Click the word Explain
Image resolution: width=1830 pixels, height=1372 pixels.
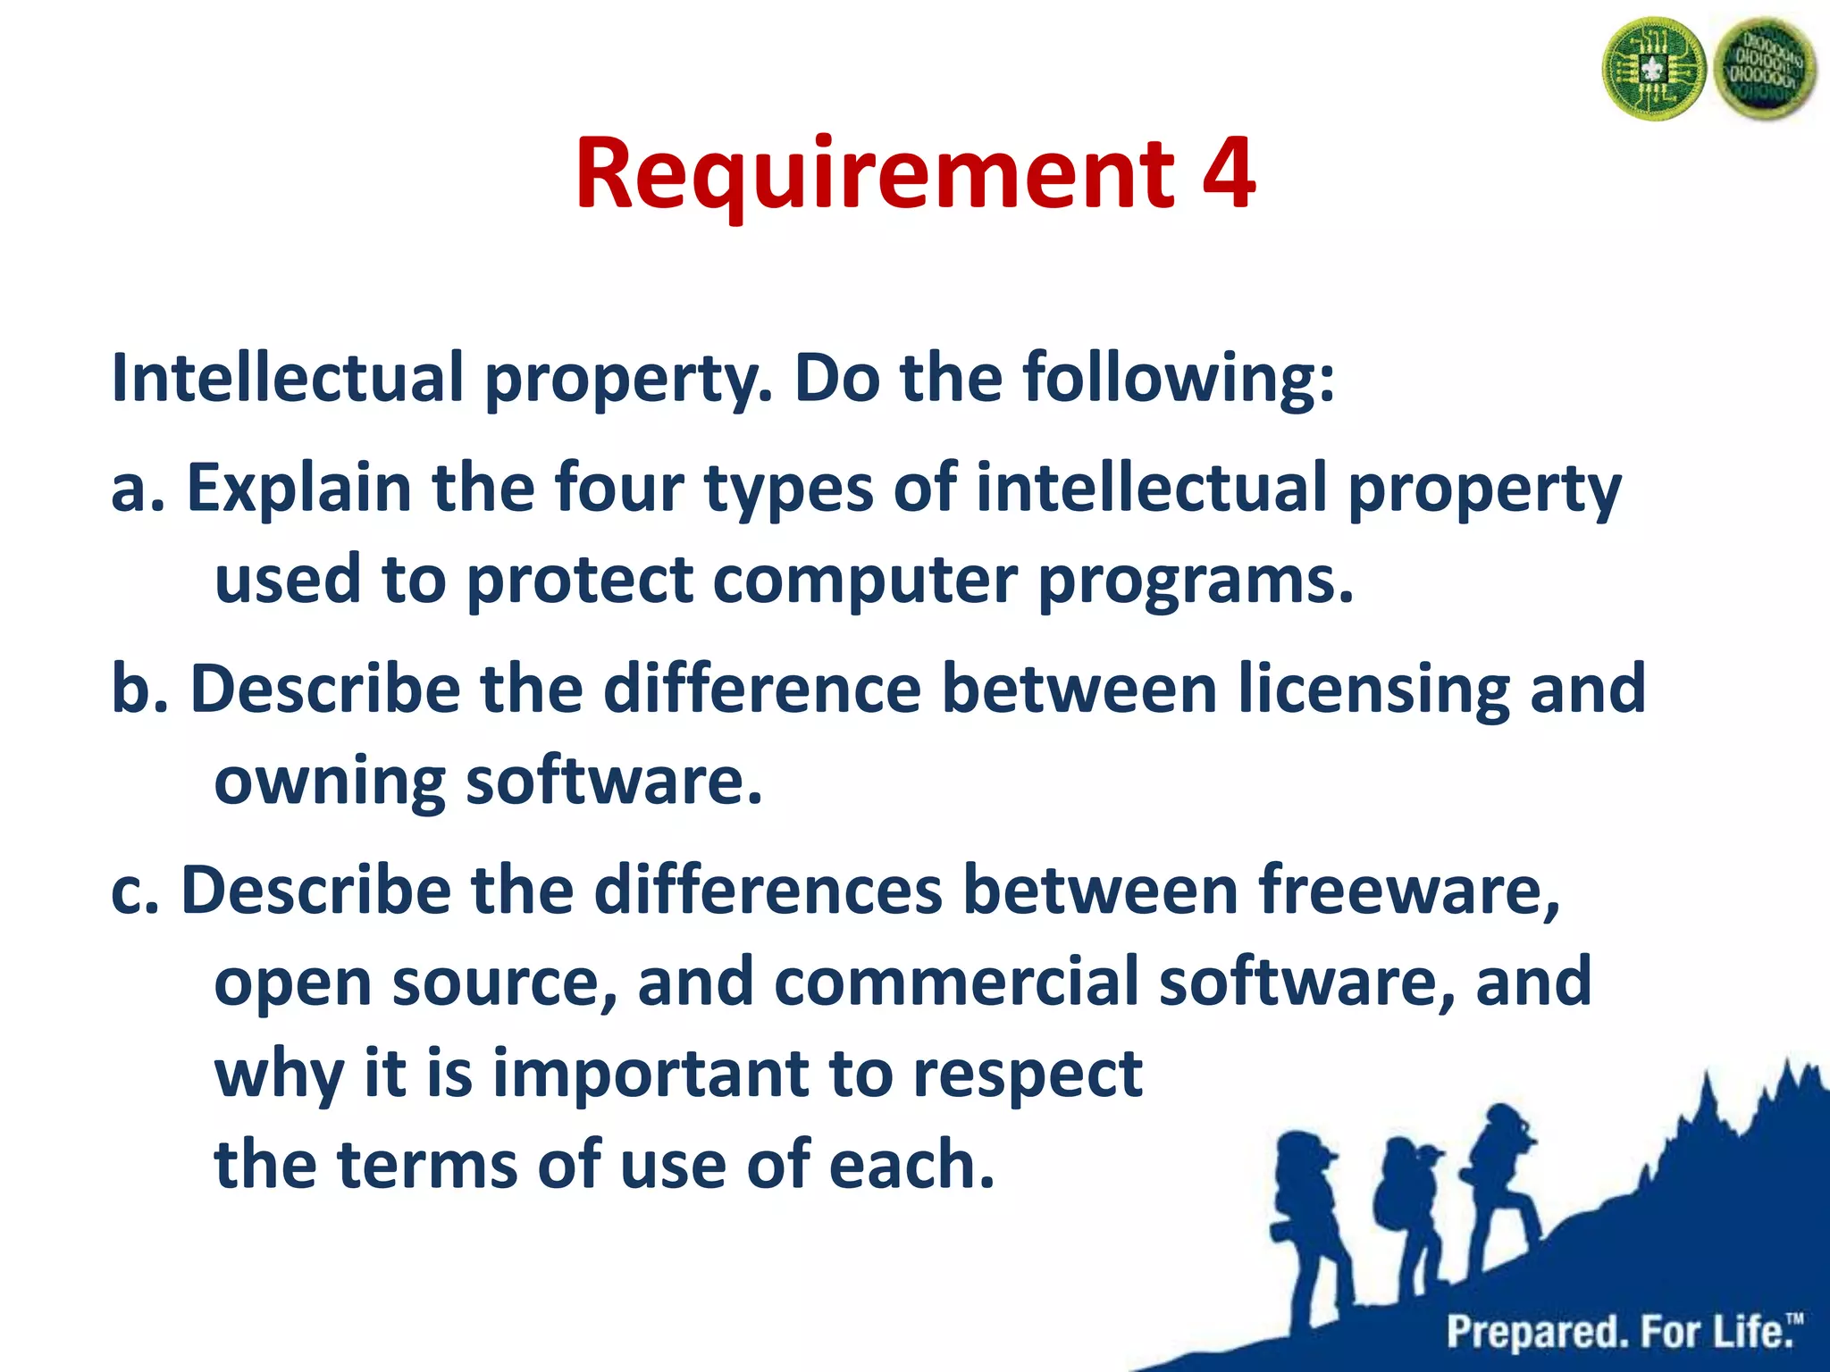(298, 489)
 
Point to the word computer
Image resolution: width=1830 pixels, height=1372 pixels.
(864, 581)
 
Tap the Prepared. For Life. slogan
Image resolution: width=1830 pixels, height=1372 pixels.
(1623, 1331)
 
